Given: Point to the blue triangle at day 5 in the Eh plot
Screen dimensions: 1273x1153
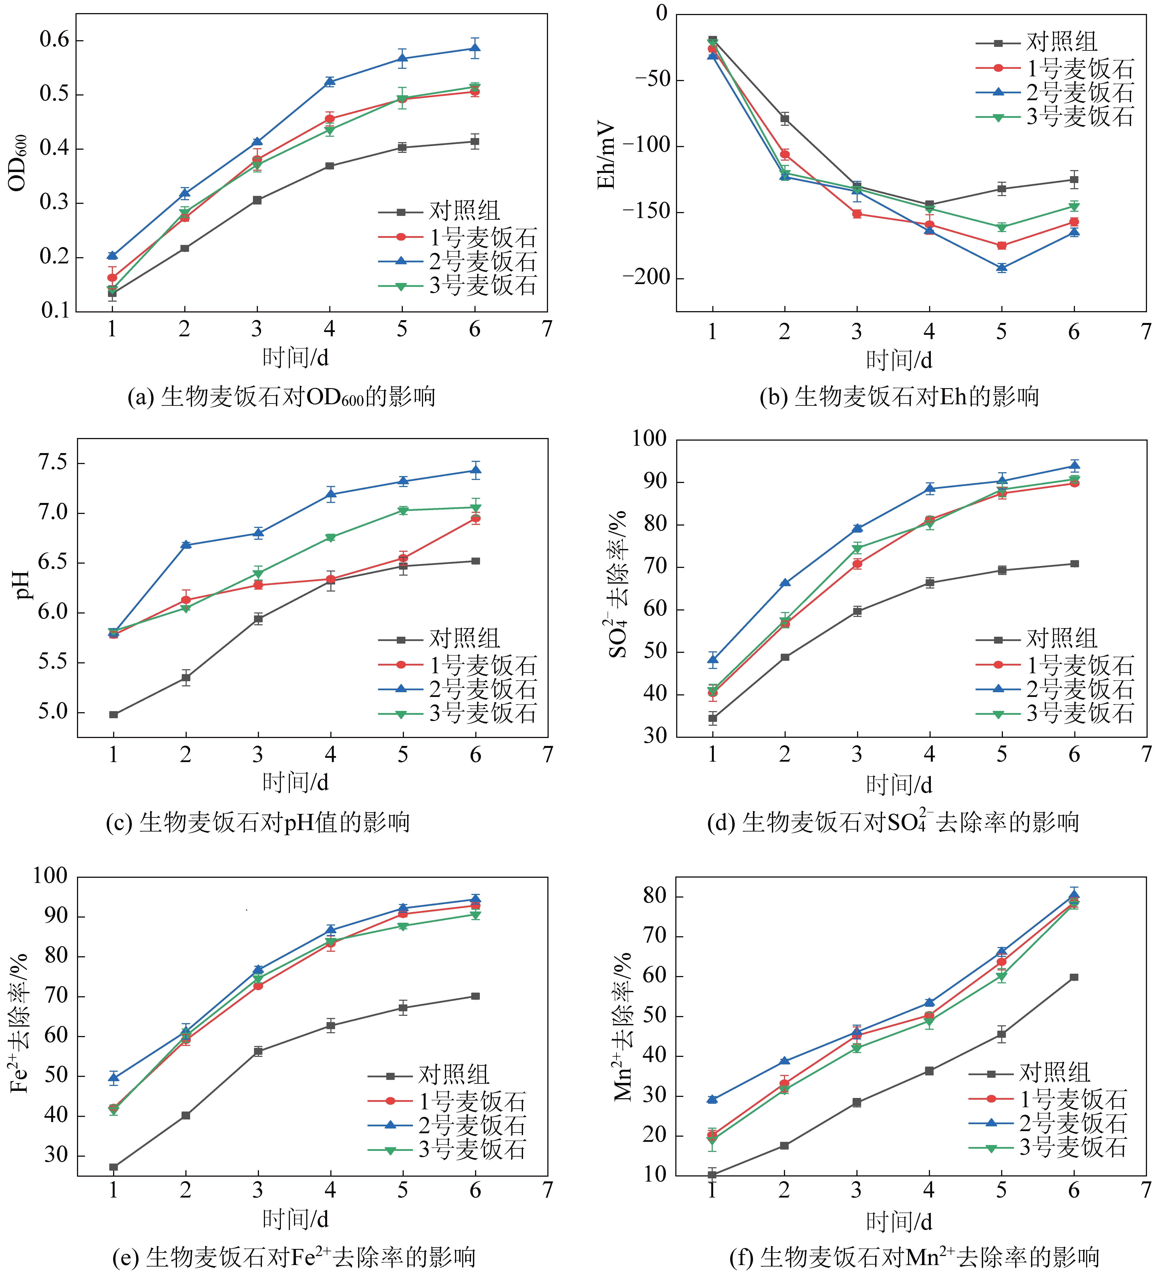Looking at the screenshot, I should pyautogui.click(x=1001, y=268).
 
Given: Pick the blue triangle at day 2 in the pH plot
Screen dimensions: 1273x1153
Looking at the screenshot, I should pyautogui.click(x=186, y=545).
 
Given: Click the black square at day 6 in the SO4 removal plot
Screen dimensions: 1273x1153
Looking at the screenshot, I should pyautogui.click(x=1074, y=564).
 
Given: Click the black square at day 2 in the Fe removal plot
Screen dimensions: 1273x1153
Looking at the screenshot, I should pyautogui.click(x=186, y=1116).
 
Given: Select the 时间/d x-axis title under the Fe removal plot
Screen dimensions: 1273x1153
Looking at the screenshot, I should pyautogui.click(x=296, y=1219).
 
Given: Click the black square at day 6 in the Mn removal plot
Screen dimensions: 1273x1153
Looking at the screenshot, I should pyautogui.click(x=1074, y=978).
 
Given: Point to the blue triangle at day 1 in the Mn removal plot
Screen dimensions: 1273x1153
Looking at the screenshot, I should pyautogui.click(x=712, y=1099).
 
